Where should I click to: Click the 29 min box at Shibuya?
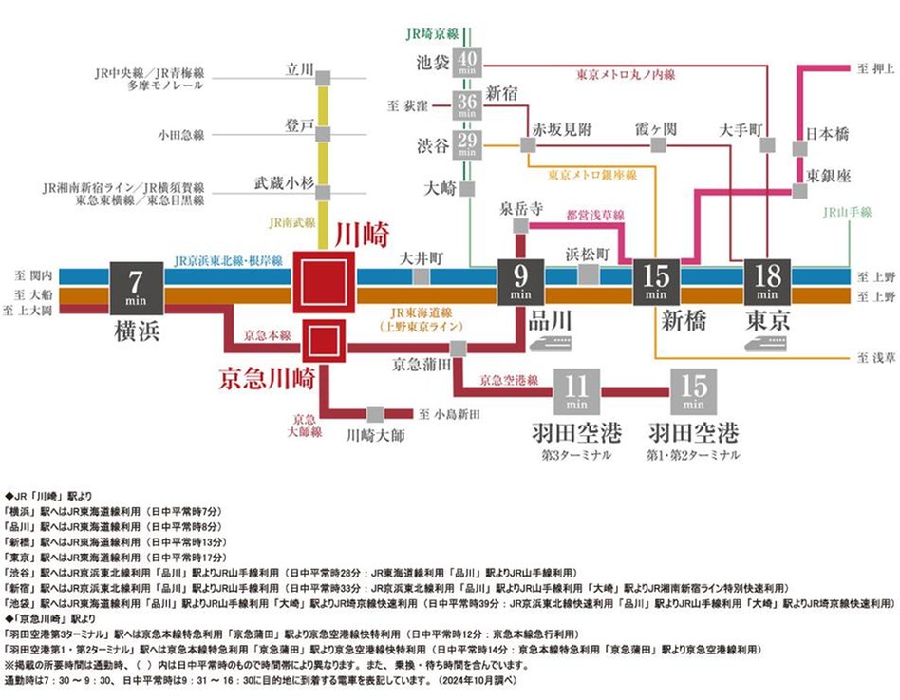pos(466,145)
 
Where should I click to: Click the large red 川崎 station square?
pos(323,283)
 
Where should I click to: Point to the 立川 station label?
pos(300,68)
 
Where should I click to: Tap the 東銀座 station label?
pos(827,175)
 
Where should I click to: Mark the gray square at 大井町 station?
pos(420,276)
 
